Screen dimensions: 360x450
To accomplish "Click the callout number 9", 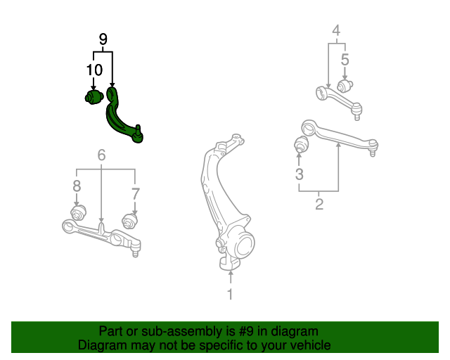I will pos(103,39).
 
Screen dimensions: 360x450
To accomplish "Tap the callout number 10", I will pos(94,70).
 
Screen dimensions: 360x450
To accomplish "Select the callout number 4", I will pos(336,30).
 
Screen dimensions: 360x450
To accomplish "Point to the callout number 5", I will pos(345,60).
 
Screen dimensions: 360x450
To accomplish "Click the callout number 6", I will pos(102,155).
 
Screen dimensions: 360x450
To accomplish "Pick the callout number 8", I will pos(77,186).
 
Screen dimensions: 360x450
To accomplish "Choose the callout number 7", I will pos(136,193).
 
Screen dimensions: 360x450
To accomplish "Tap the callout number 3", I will pos(300,174).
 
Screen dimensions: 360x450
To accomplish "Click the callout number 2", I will pos(319,205).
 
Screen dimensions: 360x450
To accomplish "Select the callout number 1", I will pos(229,294).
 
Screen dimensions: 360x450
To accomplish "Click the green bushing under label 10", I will pos(93,96).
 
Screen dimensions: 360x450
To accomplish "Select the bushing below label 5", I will pos(345,86).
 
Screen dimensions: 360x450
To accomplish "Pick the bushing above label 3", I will pos(301,146).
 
